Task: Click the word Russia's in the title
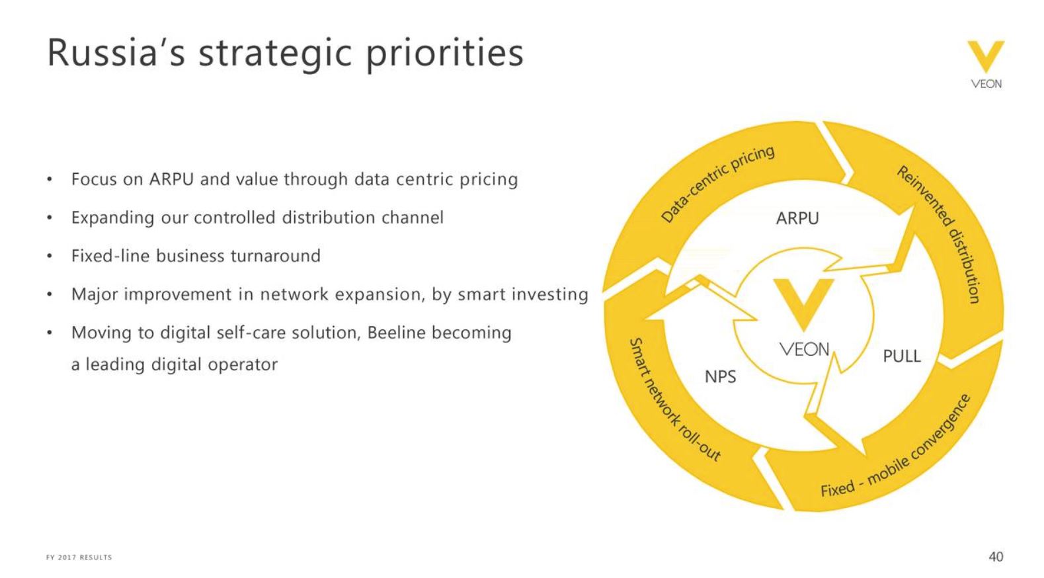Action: tap(116, 53)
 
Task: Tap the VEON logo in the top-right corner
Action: tap(986, 64)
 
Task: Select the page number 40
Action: tap(996, 557)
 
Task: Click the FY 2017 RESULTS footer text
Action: tap(79, 557)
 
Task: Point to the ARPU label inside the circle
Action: tap(797, 218)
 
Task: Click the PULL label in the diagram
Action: tap(902, 356)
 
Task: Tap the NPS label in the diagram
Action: tap(720, 377)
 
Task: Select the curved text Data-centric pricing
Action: tap(718, 183)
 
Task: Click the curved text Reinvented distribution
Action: tap(941, 233)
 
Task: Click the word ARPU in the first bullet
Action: tap(171, 179)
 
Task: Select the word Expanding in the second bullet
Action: tap(112, 218)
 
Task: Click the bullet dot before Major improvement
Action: tap(50, 294)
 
